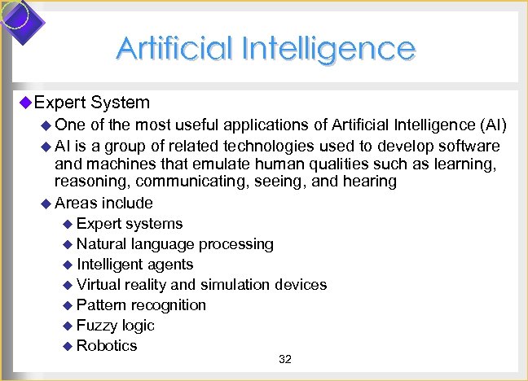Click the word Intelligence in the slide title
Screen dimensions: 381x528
click(x=334, y=49)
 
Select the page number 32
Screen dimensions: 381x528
click(x=285, y=360)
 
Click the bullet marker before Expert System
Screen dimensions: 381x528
click(x=24, y=102)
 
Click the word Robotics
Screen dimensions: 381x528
click(x=107, y=346)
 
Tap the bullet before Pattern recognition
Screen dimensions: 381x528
click(x=68, y=306)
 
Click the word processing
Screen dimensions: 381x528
click(x=236, y=244)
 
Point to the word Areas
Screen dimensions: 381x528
click(x=76, y=203)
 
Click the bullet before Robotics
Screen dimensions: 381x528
click(x=68, y=347)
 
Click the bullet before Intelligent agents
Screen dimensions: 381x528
click(x=68, y=265)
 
